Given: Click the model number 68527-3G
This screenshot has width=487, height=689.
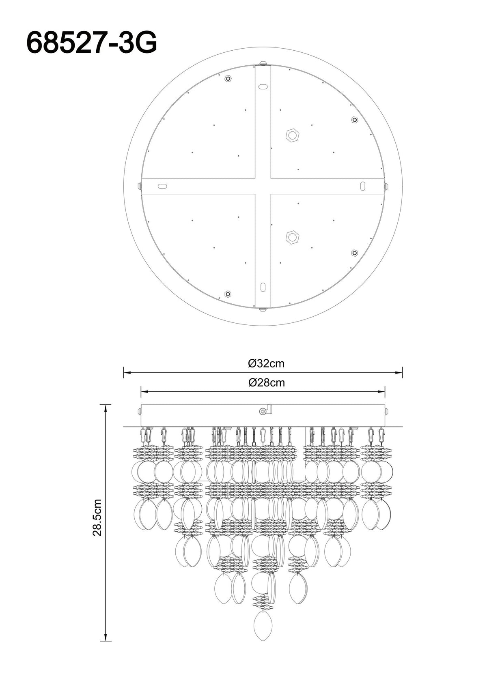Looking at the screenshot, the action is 92,43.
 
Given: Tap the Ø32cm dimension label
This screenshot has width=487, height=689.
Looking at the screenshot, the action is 266,364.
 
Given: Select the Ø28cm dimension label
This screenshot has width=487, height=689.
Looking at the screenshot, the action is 266,383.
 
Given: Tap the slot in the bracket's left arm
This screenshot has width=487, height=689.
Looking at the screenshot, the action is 163,186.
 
